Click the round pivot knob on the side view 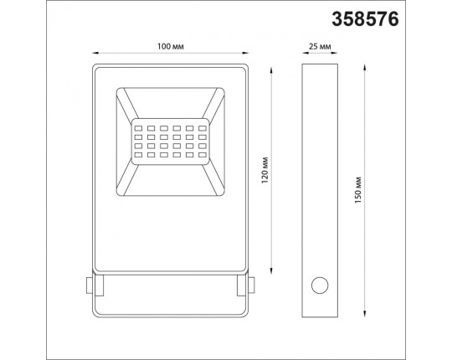(319, 285)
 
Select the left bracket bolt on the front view (90, 285)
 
